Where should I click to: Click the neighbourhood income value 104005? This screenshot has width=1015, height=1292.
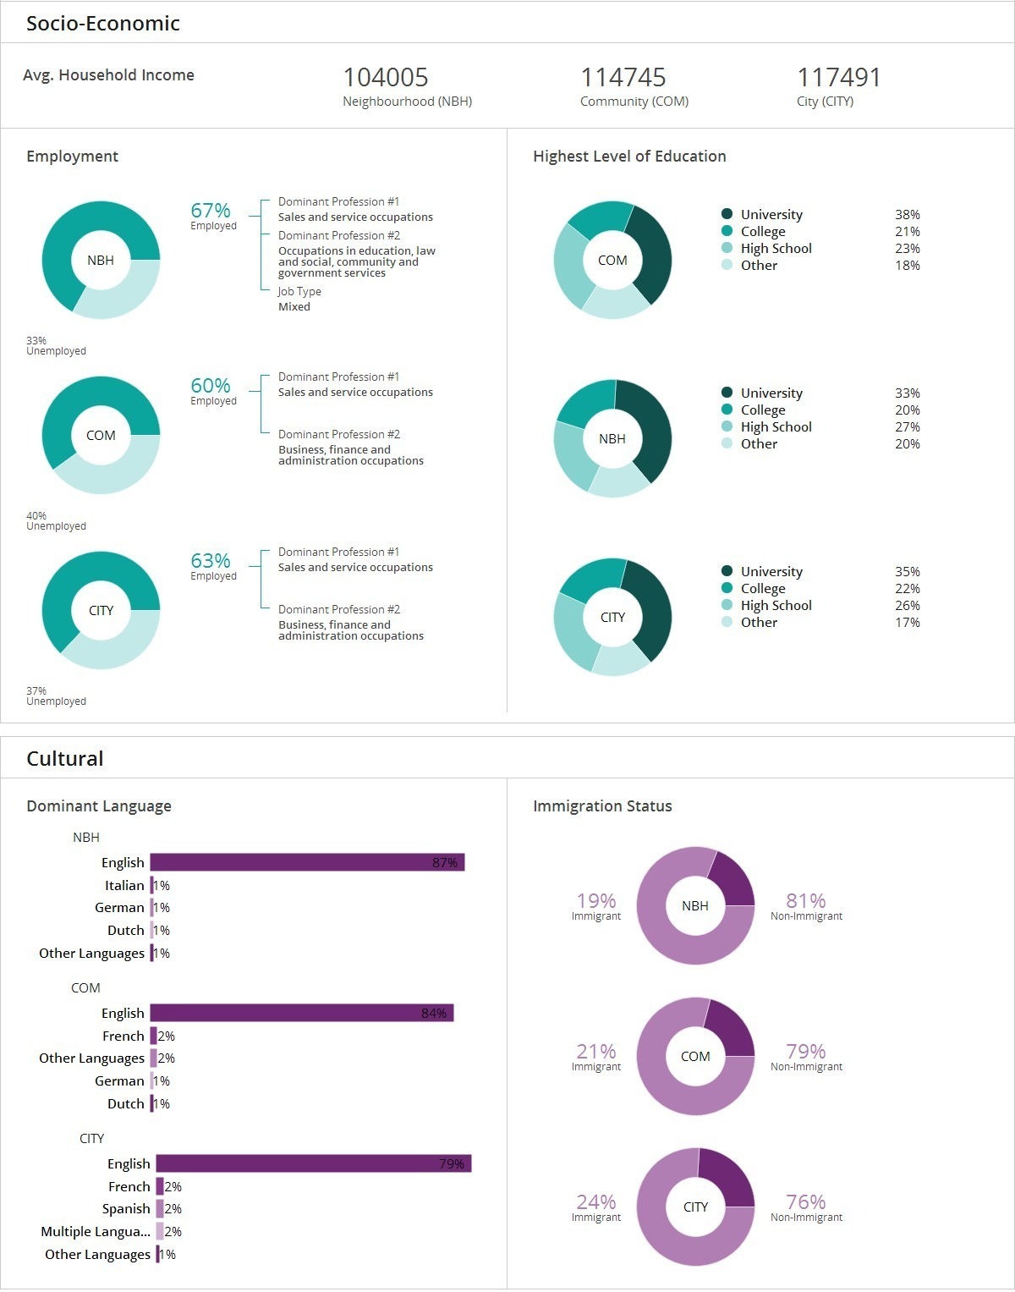point(386,78)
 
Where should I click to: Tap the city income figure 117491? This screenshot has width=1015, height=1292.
point(838,78)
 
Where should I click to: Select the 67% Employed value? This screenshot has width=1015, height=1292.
point(211,211)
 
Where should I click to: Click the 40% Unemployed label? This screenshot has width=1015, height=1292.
point(36,515)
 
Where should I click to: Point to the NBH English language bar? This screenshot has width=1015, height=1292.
point(307,862)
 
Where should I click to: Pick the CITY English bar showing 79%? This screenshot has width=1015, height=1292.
point(313,1163)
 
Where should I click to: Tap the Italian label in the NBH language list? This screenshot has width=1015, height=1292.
point(124,885)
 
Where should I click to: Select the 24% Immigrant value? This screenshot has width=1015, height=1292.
point(596,1202)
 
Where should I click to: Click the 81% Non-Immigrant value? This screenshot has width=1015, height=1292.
point(805,901)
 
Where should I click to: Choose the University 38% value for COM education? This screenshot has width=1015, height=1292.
point(907,215)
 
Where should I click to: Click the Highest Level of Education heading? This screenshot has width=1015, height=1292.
point(629,157)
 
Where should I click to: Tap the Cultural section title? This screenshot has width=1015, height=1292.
point(65,758)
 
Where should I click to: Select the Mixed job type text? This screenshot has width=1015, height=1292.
point(294,306)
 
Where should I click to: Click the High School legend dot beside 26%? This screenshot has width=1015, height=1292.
point(727,605)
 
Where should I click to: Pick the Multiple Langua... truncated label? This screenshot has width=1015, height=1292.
point(96,1231)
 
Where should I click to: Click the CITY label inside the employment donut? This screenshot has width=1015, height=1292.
point(101,610)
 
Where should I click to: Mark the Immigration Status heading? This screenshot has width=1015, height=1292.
point(602,806)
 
